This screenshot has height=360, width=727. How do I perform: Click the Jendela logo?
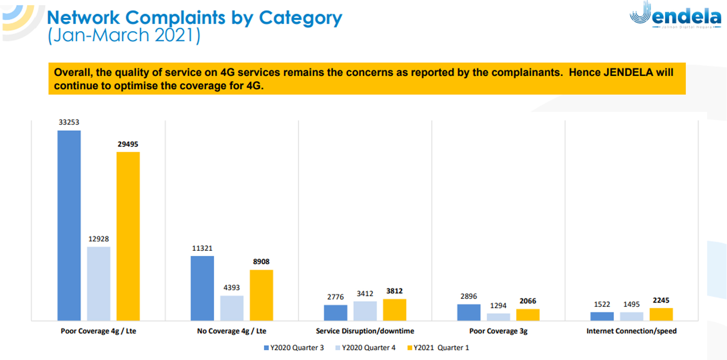coord(675,15)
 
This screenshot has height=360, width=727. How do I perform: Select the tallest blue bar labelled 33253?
coord(69,225)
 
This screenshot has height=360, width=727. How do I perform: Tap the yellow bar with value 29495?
coord(128,236)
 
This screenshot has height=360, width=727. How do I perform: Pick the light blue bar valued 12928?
coord(99,283)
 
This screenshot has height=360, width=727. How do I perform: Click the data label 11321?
coord(202,248)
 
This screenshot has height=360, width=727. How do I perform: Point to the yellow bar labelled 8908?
coord(261,295)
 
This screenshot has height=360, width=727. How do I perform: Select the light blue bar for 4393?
coord(232,308)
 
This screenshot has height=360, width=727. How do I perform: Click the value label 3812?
coord(394,291)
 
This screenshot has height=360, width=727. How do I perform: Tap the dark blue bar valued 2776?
coord(335,313)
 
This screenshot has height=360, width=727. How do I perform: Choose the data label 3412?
coord(365,294)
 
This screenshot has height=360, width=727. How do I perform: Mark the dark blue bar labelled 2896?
coord(468,312)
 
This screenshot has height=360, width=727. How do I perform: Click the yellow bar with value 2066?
coord(528,315)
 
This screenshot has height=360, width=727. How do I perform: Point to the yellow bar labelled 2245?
coord(661,314)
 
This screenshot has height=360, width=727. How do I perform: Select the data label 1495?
coord(631,304)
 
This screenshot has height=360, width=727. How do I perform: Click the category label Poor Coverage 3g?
coord(498,331)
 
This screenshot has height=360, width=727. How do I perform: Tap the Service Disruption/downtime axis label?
coord(365,331)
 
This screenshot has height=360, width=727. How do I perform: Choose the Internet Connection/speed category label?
coord(631,331)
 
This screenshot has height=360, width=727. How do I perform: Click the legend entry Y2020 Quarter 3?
coord(294,347)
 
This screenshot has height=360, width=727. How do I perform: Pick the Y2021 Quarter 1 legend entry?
coord(438,347)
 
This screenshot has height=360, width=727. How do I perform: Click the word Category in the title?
coord(300,18)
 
